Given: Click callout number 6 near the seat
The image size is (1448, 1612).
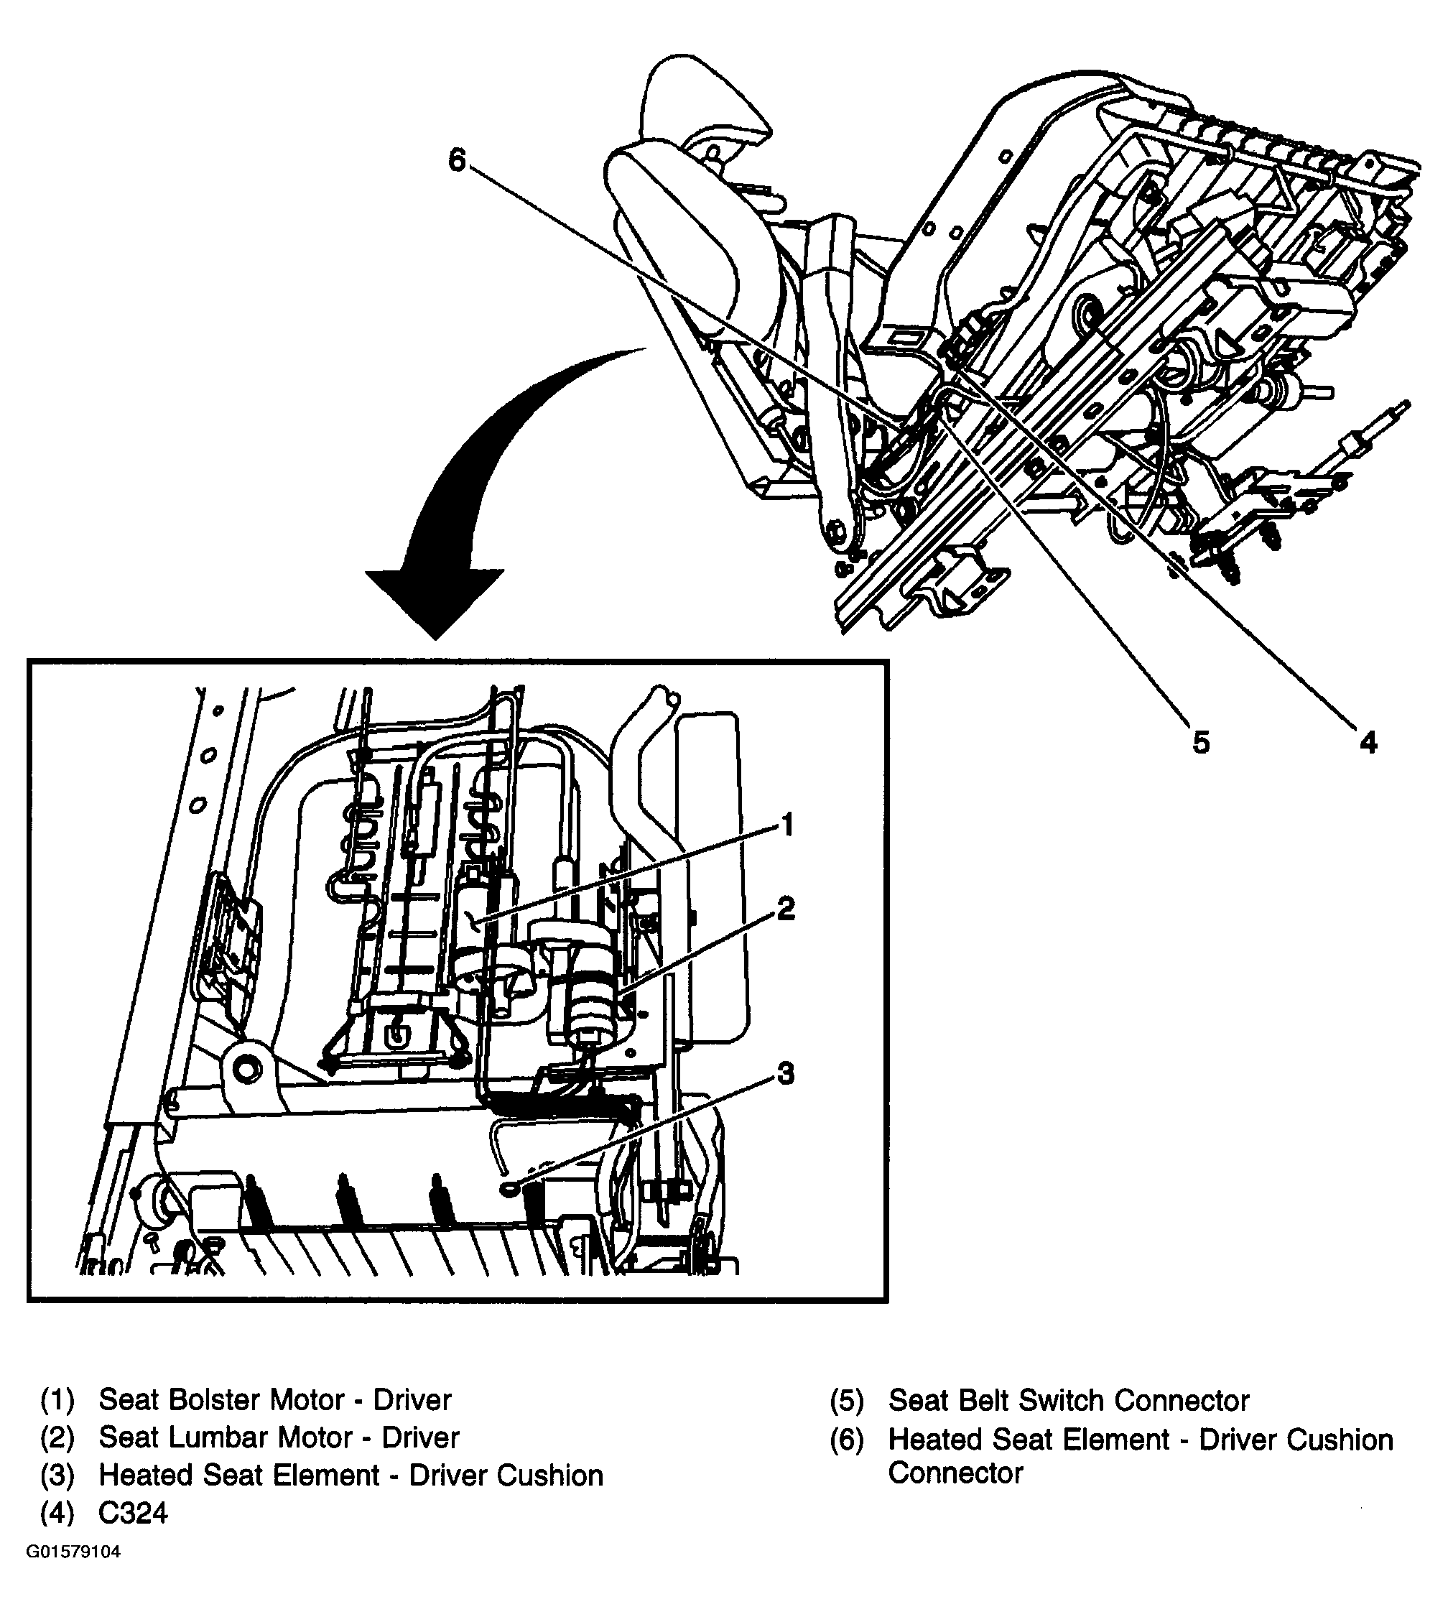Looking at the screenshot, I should click(456, 161).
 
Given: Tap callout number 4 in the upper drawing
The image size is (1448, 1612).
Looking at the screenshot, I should click(1368, 742).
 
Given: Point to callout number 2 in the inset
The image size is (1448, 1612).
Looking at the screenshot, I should click(785, 909).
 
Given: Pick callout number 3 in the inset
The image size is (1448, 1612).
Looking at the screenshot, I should click(785, 1074).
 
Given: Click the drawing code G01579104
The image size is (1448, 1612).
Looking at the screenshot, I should click(73, 1552).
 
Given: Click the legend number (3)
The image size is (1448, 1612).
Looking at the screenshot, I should click(57, 1475).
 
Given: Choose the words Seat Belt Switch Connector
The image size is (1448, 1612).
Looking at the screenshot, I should click(1068, 1400).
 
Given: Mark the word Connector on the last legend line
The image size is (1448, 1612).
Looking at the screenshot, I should click(955, 1473).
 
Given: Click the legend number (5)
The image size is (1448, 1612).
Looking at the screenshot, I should click(847, 1400).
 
